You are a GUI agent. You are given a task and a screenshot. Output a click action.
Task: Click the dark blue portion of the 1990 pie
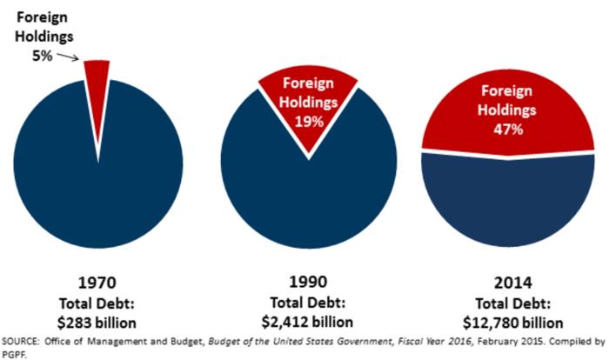(x=308, y=191)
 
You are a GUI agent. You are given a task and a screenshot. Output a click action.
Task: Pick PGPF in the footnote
(x=14, y=353)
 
